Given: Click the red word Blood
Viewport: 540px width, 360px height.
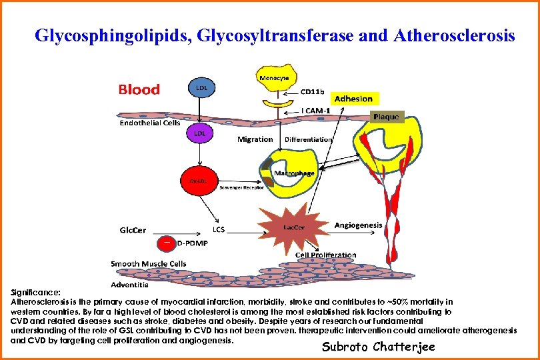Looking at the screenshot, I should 139,89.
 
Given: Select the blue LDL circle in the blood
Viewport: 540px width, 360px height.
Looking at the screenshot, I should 200,87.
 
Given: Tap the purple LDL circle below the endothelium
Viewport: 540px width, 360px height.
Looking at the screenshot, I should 199,133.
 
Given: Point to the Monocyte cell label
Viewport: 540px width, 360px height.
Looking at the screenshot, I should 273,78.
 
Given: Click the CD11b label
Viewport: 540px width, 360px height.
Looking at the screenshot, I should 313,91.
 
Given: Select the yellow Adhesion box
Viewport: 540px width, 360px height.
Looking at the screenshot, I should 353,99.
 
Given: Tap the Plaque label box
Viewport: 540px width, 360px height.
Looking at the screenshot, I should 386,117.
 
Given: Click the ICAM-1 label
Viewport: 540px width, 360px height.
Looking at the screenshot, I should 317,110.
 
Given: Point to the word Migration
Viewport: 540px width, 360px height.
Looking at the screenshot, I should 255,139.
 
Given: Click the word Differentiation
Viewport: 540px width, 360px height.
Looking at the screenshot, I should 308,139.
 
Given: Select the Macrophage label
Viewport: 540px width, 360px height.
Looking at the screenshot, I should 294,173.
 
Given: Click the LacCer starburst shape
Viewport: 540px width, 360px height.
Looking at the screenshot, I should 294,227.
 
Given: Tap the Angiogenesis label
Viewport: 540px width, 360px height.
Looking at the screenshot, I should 358,225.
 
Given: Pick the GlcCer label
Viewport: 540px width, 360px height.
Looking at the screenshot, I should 133,230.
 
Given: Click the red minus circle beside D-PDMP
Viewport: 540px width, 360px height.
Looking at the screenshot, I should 167,243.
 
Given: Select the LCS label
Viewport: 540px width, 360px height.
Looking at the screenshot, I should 219,229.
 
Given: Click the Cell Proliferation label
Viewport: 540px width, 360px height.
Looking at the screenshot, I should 326,255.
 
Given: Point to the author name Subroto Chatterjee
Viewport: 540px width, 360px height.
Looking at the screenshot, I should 378,346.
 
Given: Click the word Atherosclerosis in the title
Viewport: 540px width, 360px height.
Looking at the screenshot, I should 455,35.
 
